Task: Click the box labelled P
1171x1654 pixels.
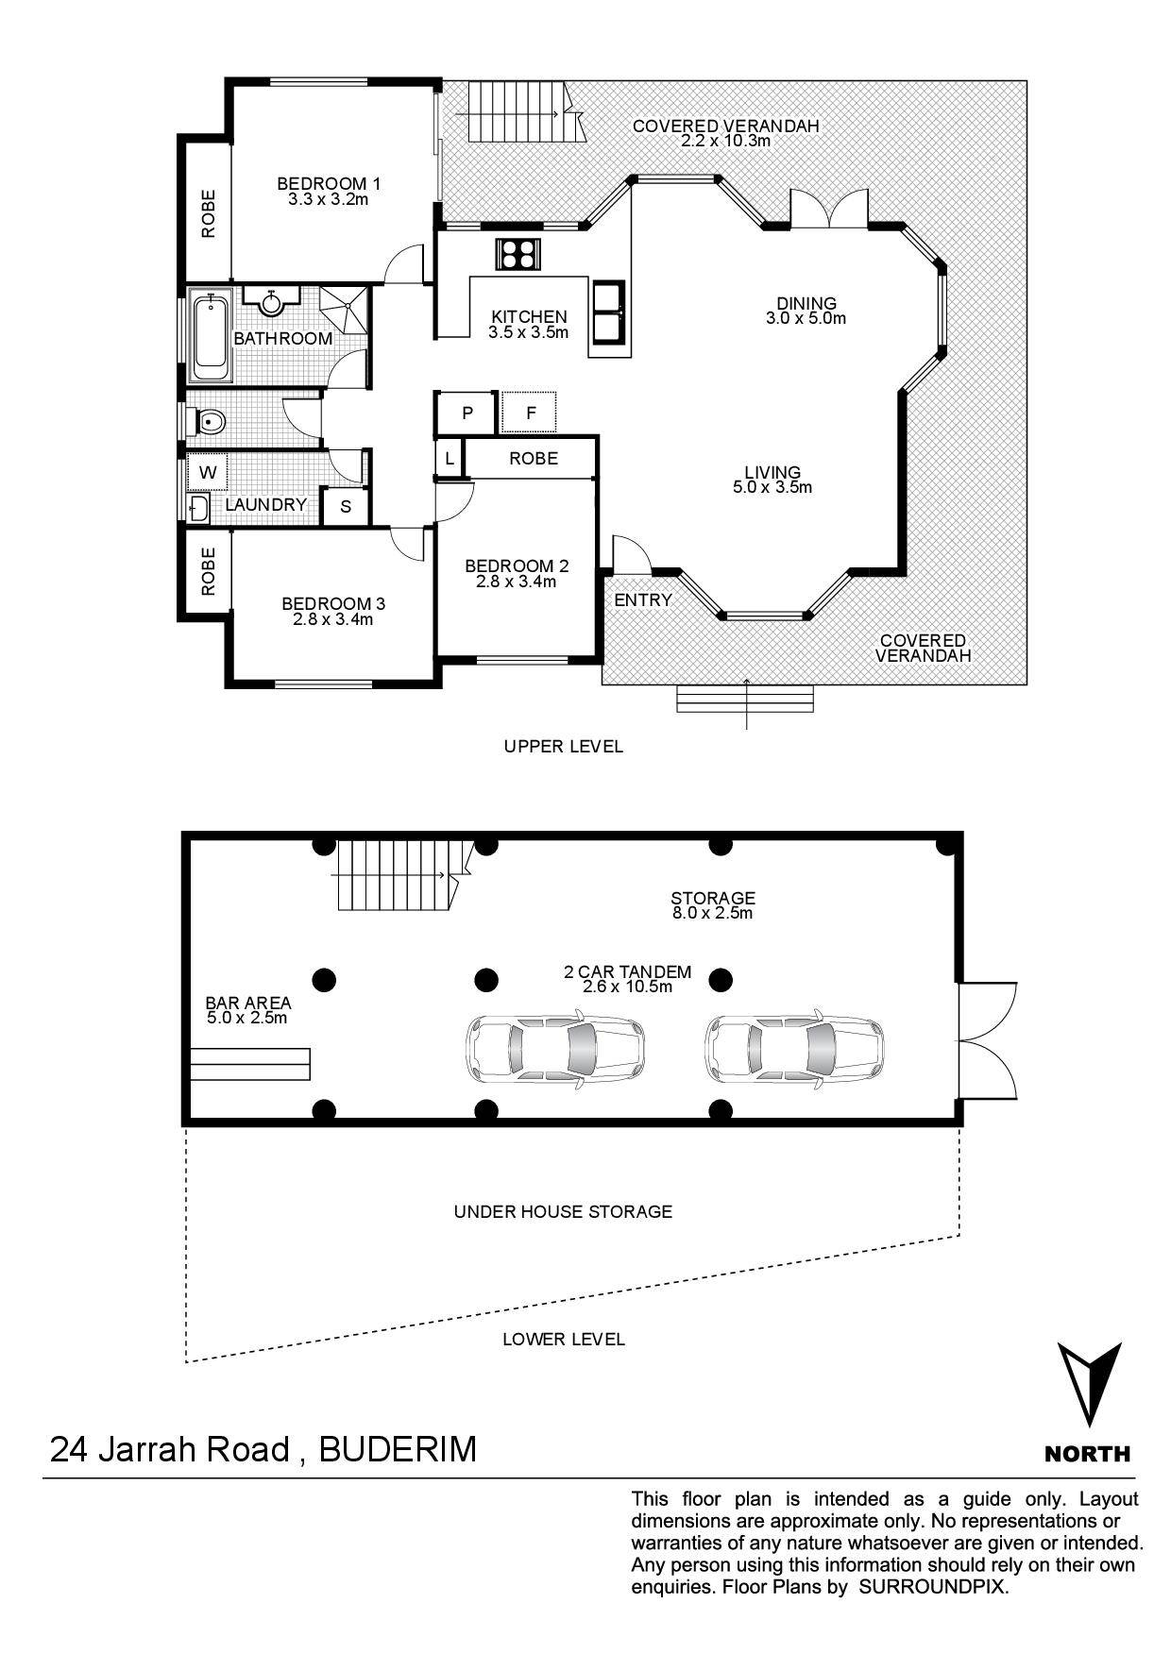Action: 467,413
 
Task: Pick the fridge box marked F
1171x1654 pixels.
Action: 531,413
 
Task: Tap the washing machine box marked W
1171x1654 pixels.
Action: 209,472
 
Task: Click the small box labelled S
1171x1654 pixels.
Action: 346,506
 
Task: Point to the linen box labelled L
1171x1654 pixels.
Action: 450,460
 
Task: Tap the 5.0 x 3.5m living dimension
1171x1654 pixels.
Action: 772,488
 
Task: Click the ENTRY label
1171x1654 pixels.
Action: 643,599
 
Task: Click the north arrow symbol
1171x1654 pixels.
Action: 1089,1384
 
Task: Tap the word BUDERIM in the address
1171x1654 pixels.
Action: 398,1449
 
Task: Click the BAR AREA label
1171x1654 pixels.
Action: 248,1003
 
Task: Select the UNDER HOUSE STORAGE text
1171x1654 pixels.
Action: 563,1211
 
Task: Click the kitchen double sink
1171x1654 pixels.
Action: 609,311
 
